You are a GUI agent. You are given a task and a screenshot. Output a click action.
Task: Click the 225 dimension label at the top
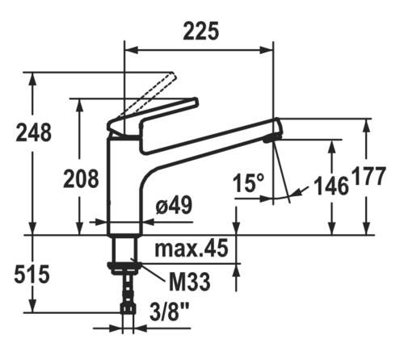click(201, 31)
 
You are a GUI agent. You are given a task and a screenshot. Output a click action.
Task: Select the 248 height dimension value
click(34, 132)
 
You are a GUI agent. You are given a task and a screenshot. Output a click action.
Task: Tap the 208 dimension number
click(81, 178)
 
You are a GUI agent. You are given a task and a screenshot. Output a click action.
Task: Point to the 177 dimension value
click(369, 176)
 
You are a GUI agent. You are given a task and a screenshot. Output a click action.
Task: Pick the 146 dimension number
click(331, 186)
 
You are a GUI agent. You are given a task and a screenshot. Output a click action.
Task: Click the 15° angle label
click(249, 183)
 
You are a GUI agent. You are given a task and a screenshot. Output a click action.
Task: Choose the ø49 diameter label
click(175, 205)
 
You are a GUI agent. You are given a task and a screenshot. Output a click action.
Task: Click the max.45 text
click(191, 249)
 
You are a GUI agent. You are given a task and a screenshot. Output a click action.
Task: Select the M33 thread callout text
click(190, 282)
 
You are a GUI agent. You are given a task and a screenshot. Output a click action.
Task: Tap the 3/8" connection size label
click(169, 312)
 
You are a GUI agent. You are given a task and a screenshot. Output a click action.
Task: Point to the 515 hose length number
click(32, 274)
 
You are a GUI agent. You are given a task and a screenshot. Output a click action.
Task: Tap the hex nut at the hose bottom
click(128, 308)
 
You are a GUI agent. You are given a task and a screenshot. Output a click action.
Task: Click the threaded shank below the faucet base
click(124, 249)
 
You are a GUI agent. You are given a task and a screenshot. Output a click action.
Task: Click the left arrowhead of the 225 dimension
click(132, 50)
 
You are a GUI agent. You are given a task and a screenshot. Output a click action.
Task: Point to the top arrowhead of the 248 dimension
click(33, 79)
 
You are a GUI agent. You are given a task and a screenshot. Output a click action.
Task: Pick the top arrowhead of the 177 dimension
click(366, 125)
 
